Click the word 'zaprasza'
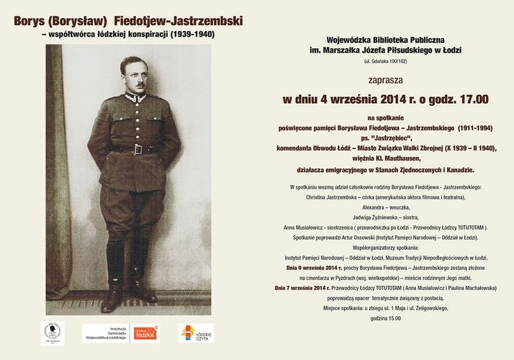(x=384, y=80)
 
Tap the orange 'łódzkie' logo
(x=146, y=333)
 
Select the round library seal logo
(x=53, y=331)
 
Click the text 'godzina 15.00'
(x=384, y=318)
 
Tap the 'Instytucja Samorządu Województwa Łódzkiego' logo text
(x=108, y=333)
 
